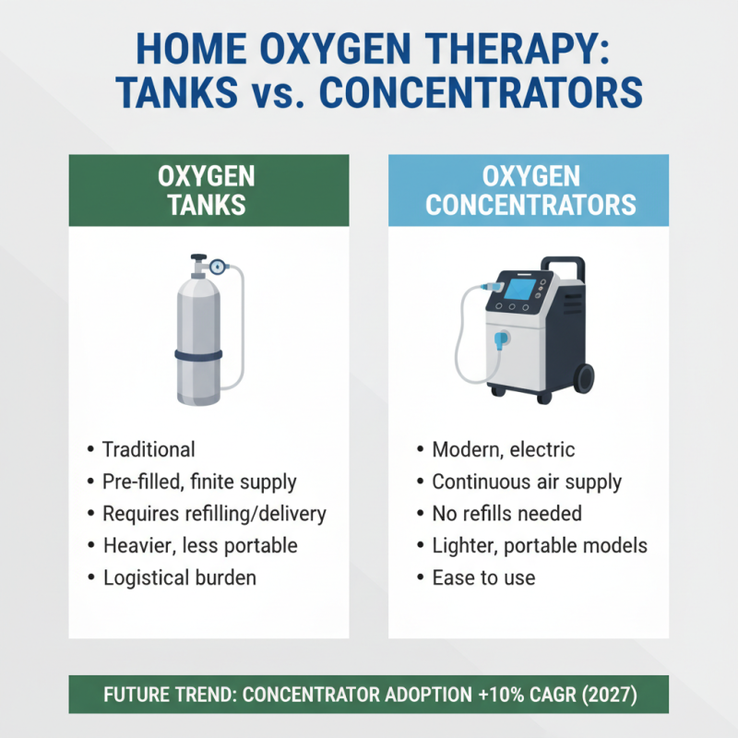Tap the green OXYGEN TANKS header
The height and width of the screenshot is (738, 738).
pos(208,190)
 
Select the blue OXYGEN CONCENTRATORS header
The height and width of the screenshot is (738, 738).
pos(529,190)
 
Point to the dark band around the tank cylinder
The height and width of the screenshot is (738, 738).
pos(198,355)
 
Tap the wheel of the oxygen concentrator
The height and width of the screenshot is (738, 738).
pos(584,379)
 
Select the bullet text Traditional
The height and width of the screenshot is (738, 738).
pos(149,450)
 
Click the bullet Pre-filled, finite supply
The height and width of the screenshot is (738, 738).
pos(199,482)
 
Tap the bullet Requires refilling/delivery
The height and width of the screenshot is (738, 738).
pos(214,514)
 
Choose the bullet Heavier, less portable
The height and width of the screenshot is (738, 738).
pos(199,545)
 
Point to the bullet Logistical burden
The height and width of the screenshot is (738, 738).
pos(179,577)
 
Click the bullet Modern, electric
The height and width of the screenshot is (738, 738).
pos(503,450)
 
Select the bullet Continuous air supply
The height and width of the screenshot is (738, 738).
pos(527,482)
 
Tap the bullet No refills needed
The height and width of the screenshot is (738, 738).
pos(506,514)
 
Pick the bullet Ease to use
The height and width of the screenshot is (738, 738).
pos(483,577)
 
